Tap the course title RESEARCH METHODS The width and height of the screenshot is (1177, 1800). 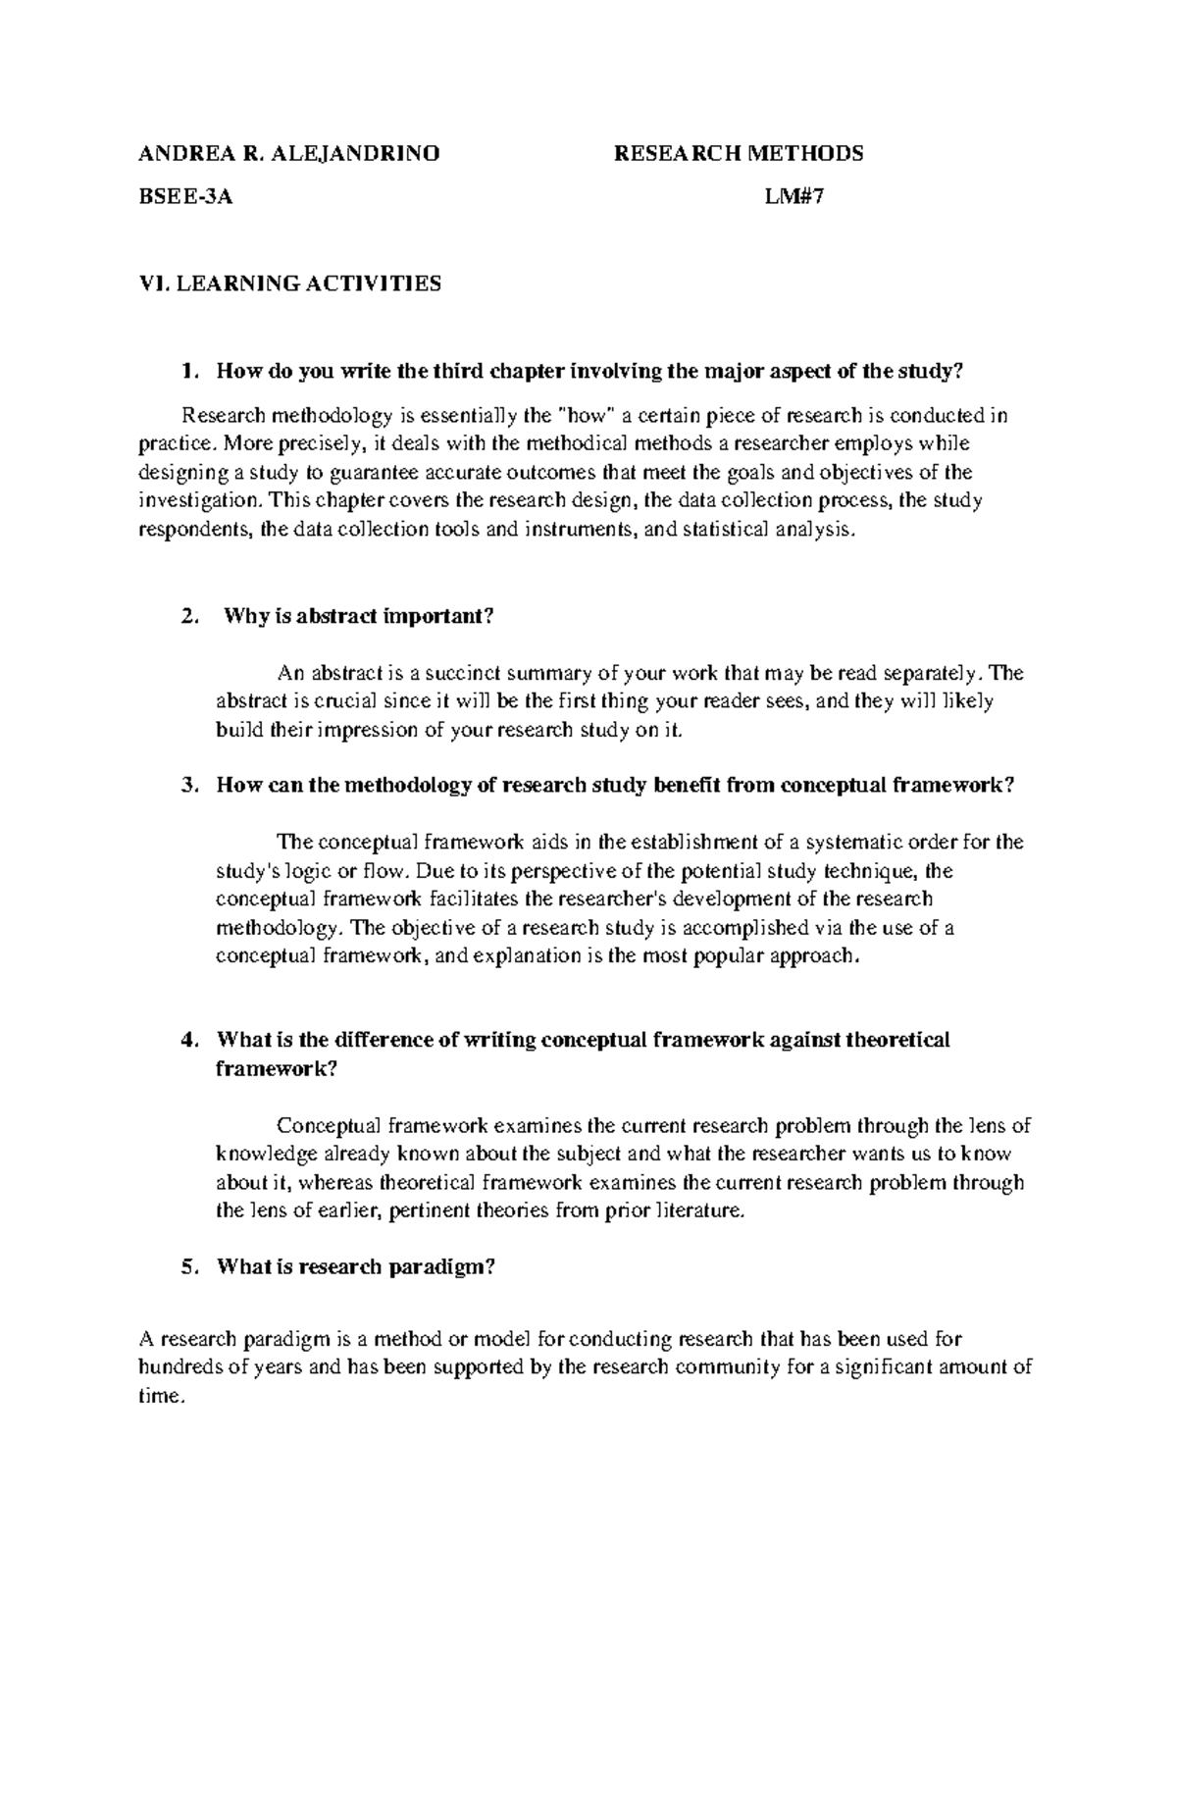click(x=738, y=153)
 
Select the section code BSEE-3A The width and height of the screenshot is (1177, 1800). click(x=186, y=196)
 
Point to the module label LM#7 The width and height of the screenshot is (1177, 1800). click(x=794, y=196)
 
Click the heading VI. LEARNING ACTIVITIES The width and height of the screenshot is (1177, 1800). click(x=291, y=284)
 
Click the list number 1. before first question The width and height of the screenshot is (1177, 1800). click(x=190, y=372)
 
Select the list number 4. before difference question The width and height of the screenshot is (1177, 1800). click(x=190, y=1040)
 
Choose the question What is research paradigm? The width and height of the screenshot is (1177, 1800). click(x=356, y=1267)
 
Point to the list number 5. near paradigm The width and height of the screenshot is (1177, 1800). click(x=190, y=1267)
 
